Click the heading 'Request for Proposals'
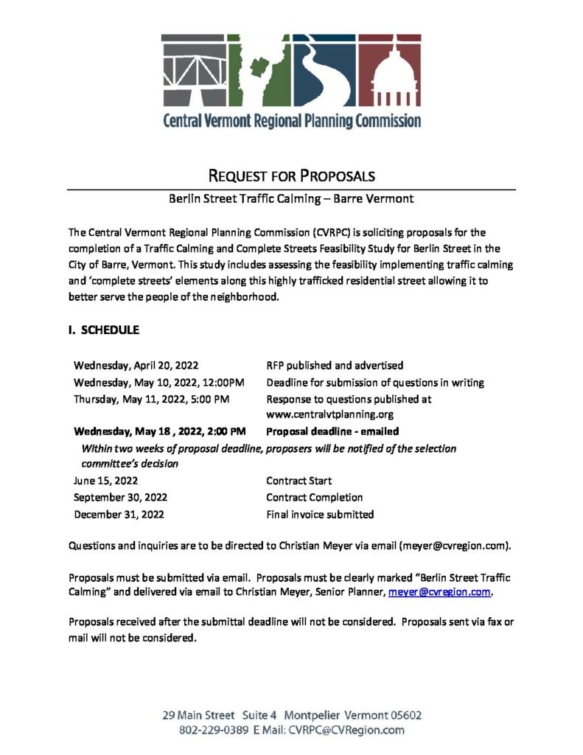click(x=292, y=175)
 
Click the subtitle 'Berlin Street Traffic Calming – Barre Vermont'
click(x=291, y=198)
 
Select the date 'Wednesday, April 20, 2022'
click(x=136, y=366)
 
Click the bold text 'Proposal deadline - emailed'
click(x=332, y=431)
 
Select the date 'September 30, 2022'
click(x=121, y=498)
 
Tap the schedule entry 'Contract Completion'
click(x=315, y=498)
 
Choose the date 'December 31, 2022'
click(x=119, y=515)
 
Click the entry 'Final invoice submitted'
click(x=320, y=515)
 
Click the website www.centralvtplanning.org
click(x=330, y=415)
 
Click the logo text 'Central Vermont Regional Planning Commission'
click(x=292, y=119)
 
